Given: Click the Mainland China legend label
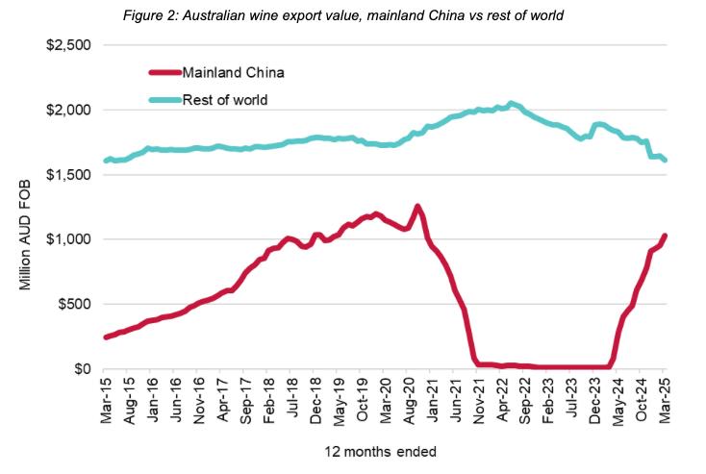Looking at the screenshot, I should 232,71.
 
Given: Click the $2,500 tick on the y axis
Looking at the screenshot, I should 65,45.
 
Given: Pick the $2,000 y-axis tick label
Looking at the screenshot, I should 65,110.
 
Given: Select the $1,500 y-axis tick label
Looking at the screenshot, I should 65,175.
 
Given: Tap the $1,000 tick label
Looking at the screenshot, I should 65,239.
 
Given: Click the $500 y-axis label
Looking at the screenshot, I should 71,304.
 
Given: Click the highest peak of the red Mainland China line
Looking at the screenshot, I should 416,206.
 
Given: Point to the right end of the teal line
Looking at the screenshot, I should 666,161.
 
